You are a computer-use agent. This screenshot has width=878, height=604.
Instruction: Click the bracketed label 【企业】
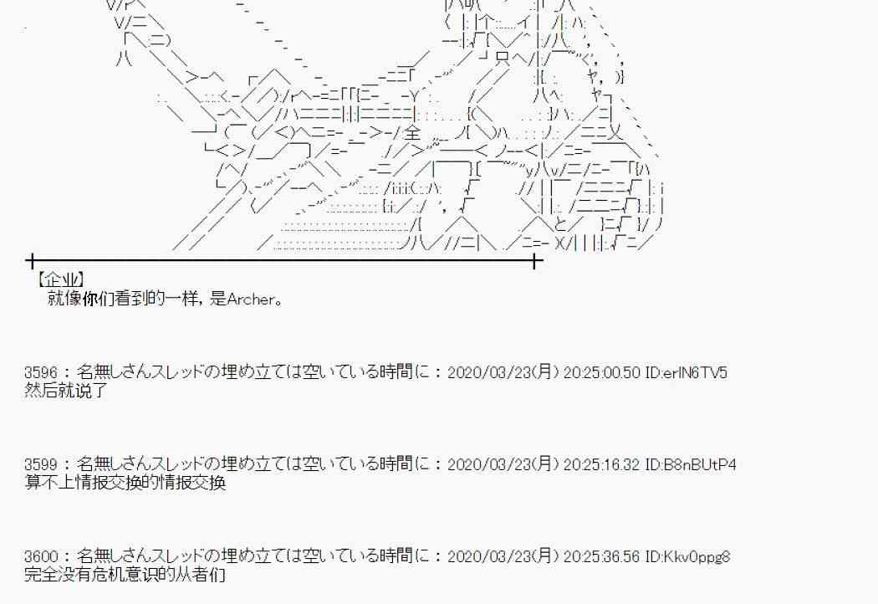point(61,280)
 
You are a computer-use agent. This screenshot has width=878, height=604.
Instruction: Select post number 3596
point(42,372)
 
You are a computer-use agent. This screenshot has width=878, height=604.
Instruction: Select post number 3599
point(42,464)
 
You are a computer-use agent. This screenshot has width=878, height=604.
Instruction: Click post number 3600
point(42,556)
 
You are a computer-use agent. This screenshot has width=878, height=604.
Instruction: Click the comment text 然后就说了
point(67,391)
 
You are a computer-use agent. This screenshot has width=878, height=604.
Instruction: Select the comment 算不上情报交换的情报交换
point(125,483)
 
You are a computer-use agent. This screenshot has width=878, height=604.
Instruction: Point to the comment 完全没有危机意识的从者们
point(125,575)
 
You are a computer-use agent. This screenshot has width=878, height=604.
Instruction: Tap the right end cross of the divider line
point(536,261)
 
